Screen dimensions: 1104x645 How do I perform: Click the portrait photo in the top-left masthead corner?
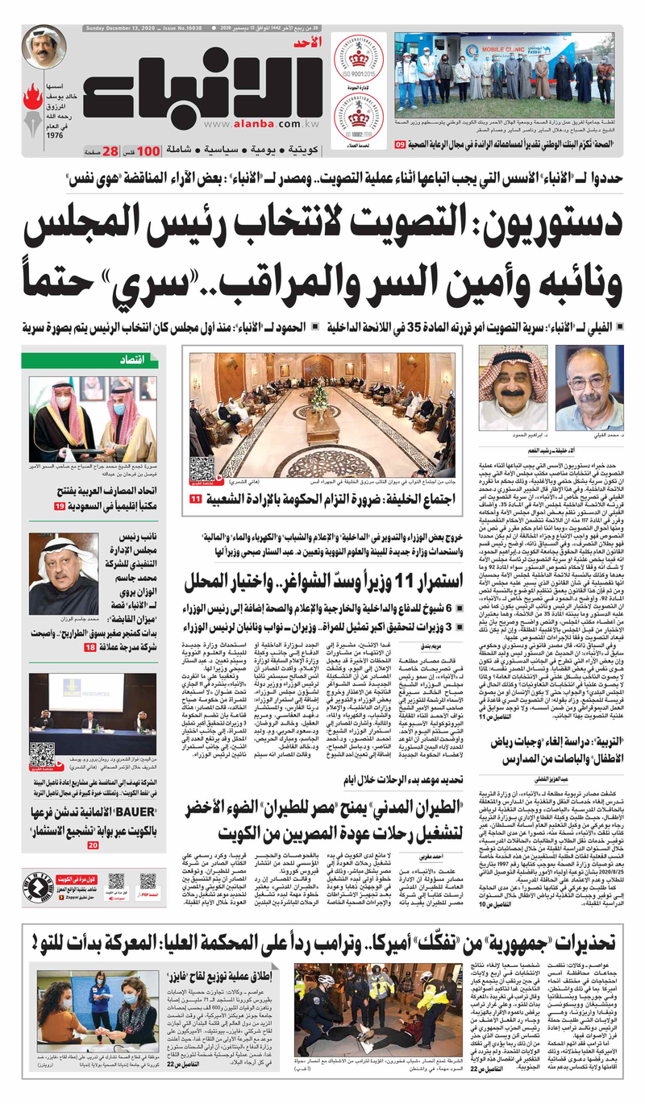[x=44, y=48]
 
